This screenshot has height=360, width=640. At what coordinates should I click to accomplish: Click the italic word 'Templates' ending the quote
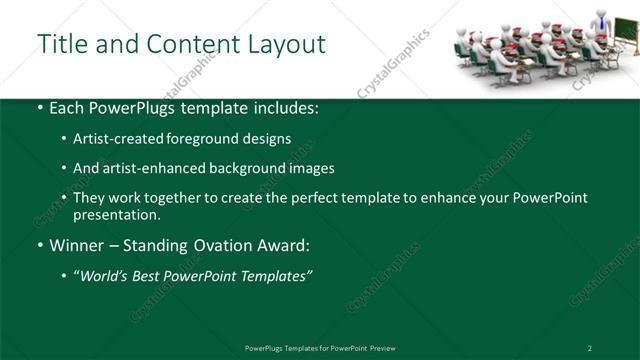(x=271, y=276)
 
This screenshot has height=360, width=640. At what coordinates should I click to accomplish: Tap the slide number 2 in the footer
(x=590, y=348)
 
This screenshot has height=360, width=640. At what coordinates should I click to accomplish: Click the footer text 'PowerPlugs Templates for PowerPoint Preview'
(x=320, y=348)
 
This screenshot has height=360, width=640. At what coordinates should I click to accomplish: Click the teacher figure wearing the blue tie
(x=596, y=23)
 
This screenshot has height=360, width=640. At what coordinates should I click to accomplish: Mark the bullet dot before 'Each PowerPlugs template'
(x=39, y=107)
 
